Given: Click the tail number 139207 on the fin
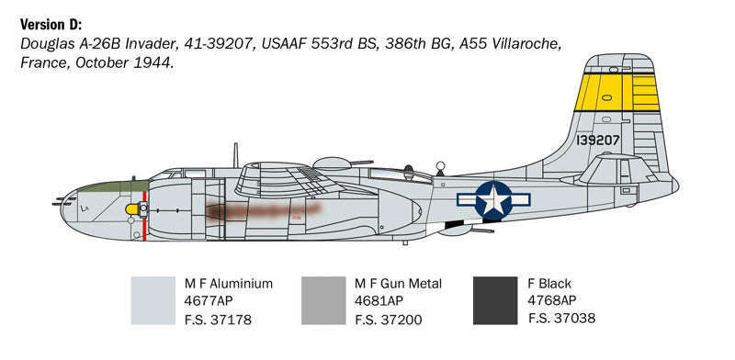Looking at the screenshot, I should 599,141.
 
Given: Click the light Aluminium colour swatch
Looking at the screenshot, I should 153,300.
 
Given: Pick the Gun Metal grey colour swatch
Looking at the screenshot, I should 323,300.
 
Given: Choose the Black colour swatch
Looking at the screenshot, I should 494,300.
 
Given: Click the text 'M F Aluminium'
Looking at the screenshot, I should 229,284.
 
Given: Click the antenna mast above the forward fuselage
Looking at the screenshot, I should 236,155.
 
